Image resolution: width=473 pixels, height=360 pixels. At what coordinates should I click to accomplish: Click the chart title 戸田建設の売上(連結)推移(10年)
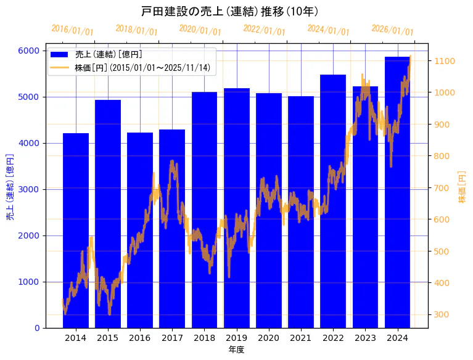click(x=229, y=12)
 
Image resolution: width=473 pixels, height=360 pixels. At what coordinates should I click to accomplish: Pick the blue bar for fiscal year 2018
click(x=204, y=210)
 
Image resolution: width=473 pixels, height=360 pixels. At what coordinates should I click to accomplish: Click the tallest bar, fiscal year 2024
click(x=397, y=192)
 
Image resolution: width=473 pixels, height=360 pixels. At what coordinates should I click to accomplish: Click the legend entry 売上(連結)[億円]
click(x=108, y=54)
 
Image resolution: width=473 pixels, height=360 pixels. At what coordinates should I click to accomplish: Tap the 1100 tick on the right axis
click(x=444, y=61)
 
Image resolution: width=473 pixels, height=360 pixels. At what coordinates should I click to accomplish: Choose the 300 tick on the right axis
click(x=442, y=315)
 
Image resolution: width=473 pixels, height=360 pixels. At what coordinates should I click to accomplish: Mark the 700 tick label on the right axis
click(x=442, y=188)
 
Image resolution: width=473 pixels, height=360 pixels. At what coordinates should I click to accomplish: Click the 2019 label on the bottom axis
click(x=236, y=338)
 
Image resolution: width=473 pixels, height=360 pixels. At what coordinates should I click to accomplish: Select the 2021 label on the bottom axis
click(x=301, y=338)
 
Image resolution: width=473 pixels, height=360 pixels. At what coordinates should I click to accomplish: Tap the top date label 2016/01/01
click(x=72, y=30)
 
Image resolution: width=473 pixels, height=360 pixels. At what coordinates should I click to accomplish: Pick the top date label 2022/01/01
click(x=264, y=30)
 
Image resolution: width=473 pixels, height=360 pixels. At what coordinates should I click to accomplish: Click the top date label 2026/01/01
click(x=392, y=30)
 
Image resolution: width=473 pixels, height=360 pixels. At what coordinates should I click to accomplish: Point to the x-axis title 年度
click(x=236, y=350)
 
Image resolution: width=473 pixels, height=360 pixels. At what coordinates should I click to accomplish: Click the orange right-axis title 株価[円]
click(x=462, y=187)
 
